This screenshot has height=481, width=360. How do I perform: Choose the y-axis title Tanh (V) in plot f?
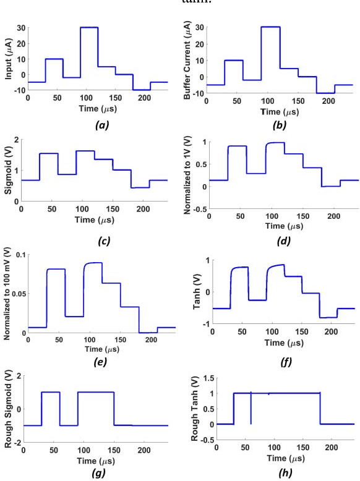(x=190, y=289)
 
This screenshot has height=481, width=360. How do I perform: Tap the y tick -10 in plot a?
(x=19, y=90)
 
